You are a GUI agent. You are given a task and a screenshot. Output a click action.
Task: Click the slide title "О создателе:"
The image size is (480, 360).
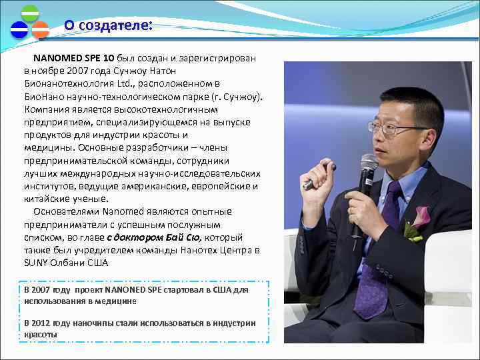[108, 25]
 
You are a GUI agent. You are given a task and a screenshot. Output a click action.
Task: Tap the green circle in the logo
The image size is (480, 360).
[30, 14]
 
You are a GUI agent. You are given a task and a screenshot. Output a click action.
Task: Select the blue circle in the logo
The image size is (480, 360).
[19, 30]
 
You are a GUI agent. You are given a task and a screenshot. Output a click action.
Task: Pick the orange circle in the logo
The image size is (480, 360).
[40, 30]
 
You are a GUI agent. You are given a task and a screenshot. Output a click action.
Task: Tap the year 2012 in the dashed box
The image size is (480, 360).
[45, 323]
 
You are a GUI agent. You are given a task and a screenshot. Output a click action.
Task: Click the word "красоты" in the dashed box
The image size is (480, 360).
[41, 334]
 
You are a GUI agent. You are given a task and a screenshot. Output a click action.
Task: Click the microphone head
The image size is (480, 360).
[369, 164]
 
